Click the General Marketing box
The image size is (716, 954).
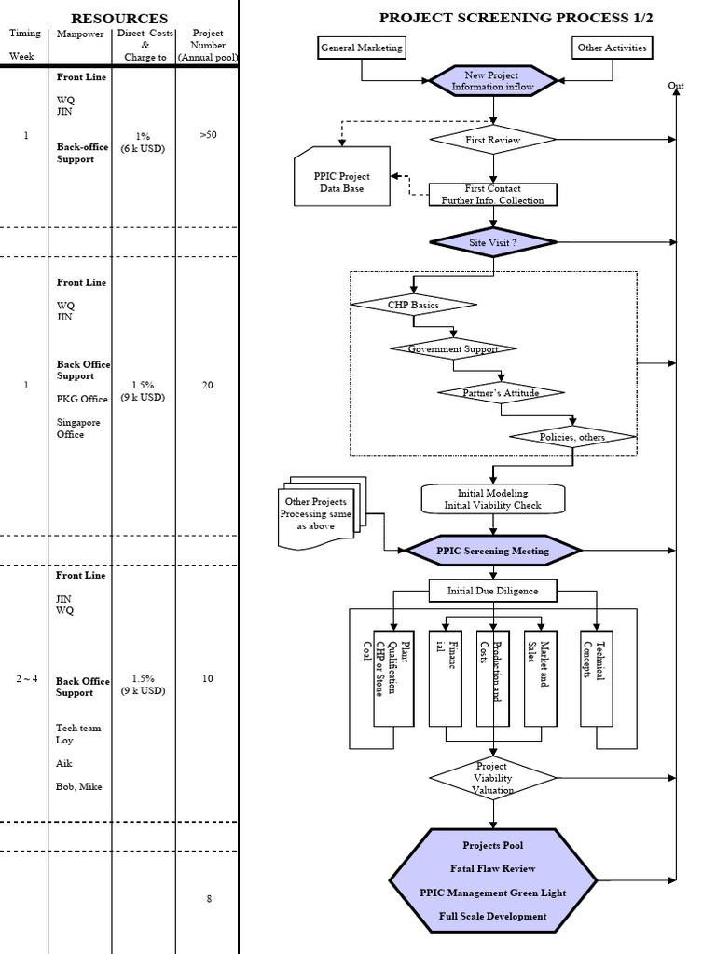tap(362, 48)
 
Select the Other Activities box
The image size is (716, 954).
tap(611, 48)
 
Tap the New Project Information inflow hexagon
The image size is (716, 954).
tap(492, 80)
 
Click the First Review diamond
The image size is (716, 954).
tap(492, 140)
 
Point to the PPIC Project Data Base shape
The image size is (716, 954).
tap(343, 181)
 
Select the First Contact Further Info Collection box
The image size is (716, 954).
tap(493, 194)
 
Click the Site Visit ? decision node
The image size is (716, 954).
tap(492, 241)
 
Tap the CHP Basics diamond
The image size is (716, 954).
tap(413, 304)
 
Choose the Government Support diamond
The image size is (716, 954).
tap(452, 348)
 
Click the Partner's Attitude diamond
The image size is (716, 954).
tap(501, 392)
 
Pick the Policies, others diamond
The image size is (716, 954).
tap(572, 436)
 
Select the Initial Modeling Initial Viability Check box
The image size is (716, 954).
tap(492, 498)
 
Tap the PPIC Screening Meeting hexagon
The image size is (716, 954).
tap(492, 551)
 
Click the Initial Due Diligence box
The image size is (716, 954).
tap(492, 590)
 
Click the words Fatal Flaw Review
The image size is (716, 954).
tap(492, 868)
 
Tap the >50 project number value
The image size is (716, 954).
tap(208, 134)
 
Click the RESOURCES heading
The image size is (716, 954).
tap(119, 18)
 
